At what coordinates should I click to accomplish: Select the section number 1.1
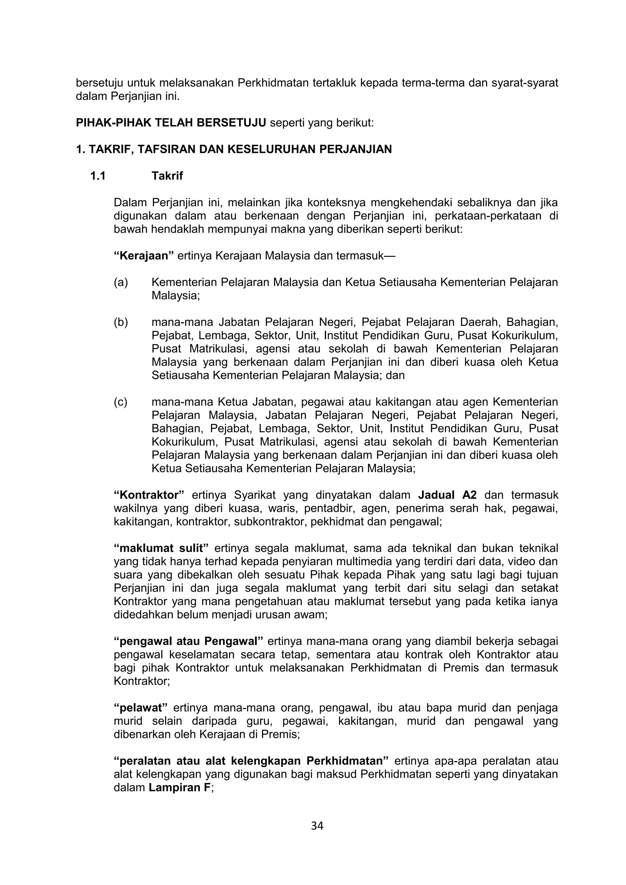click(x=98, y=176)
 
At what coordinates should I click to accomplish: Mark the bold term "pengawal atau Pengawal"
click(x=189, y=641)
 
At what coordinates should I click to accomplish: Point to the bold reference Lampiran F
click(x=179, y=788)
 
